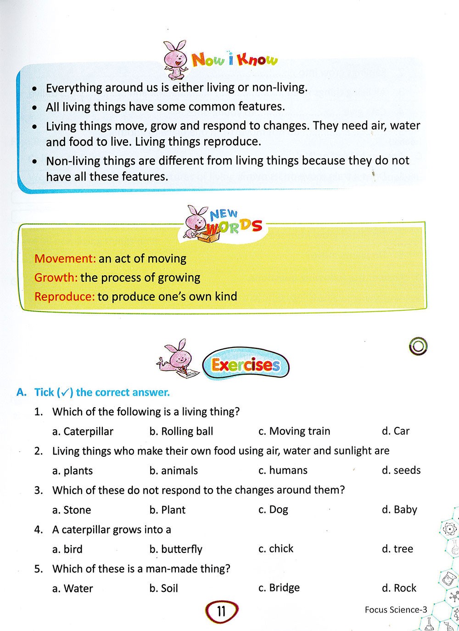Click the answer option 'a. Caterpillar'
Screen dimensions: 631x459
[83, 432]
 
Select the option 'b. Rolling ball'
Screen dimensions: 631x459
[181, 432]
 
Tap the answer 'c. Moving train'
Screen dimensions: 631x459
[294, 431]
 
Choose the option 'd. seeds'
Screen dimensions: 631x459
[401, 470]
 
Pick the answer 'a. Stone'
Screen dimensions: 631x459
[72, 510]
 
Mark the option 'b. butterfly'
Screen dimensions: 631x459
[176, 549]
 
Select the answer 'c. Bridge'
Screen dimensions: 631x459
[279, 588]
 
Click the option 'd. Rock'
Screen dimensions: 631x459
[399, 588]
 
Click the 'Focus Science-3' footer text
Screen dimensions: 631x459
[396, 610]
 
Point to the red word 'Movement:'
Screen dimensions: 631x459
[65, 258]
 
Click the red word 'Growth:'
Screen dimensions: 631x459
[56, 278]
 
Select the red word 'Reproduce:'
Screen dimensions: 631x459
[64, 296]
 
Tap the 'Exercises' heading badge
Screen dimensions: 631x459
[246, 365]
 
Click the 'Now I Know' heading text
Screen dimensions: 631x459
[235, 60]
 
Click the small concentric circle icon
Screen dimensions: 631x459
[418, 347]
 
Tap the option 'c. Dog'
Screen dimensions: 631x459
[273, 510]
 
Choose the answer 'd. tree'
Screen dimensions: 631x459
[397, 549]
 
